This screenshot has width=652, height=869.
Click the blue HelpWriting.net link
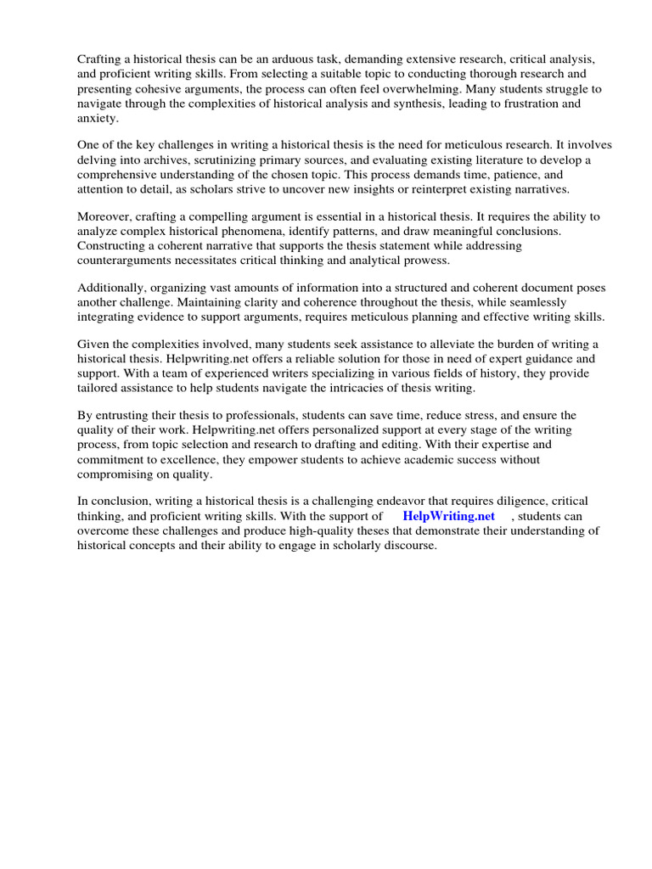pyautogui.click(x=448, y=516)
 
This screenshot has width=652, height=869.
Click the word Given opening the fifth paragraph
pyautogui.click(x=94, y=345)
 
